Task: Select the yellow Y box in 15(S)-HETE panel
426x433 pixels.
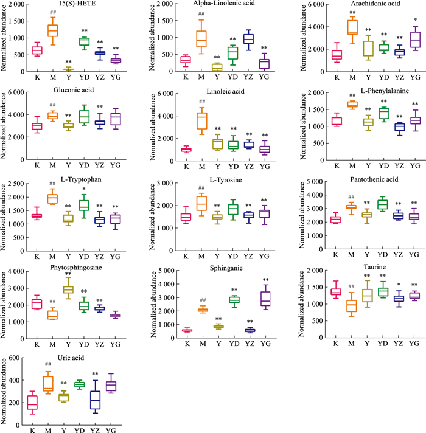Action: click(x=69, y=69)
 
